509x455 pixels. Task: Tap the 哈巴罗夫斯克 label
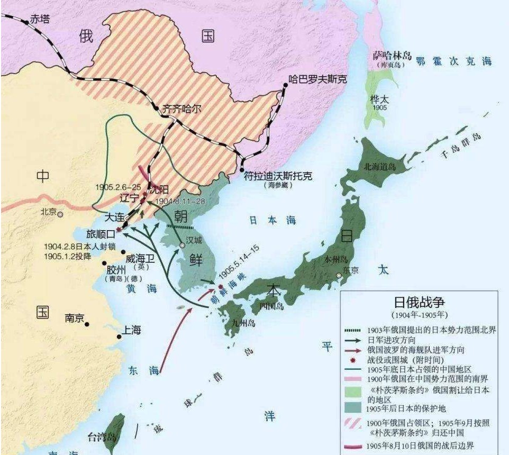[x=317, y=79]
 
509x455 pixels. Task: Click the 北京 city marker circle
[x=61, y=214]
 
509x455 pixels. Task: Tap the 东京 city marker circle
[x=339, y=275]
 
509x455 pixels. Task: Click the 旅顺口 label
[x=100, y=233]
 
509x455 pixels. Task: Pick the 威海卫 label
[x=141, y=258]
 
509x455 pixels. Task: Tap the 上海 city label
[x=132, y=330]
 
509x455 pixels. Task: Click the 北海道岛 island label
[x=379, y=166]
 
